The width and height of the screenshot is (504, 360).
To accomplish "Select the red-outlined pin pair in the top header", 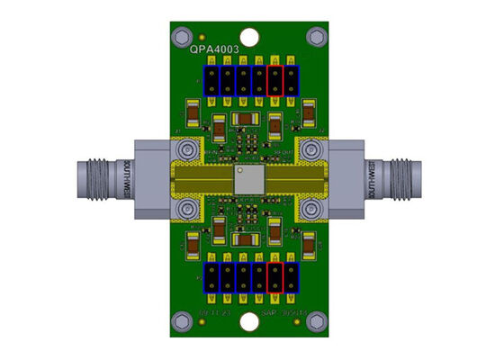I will [275, 80].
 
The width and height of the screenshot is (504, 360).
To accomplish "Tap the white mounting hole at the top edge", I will [247, 36].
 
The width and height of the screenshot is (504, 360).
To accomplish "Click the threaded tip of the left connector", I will [85, 178].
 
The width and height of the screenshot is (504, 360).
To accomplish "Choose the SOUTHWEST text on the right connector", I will [373, 178].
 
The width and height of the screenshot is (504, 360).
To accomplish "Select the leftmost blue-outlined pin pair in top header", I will [211, 80].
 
